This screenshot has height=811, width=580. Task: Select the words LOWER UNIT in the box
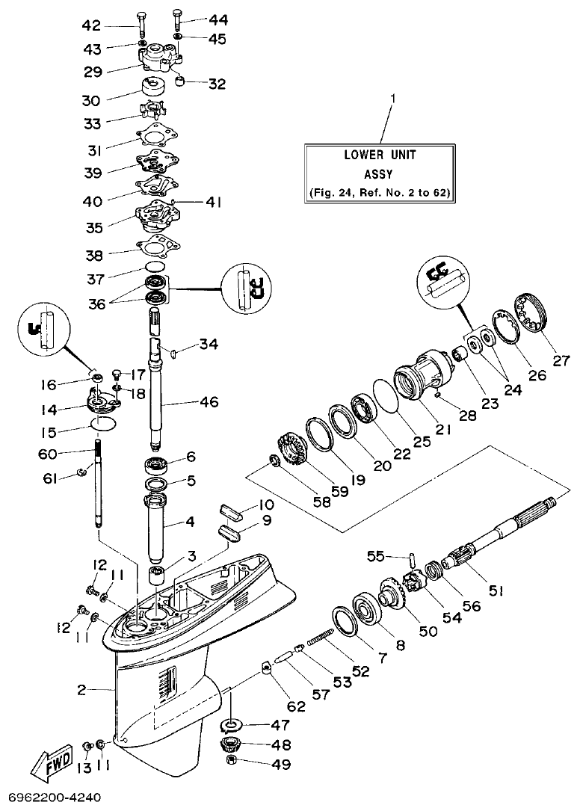coord(380,155)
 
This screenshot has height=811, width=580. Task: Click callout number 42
coord(91,25)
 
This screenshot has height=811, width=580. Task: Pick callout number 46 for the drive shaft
coord(209,403)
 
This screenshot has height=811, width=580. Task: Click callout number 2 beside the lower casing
coord(81,690)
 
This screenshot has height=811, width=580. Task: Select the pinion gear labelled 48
coord(232,744)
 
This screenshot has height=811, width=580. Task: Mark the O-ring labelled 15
coord(104,424)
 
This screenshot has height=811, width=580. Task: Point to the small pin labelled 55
coord(411,559)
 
